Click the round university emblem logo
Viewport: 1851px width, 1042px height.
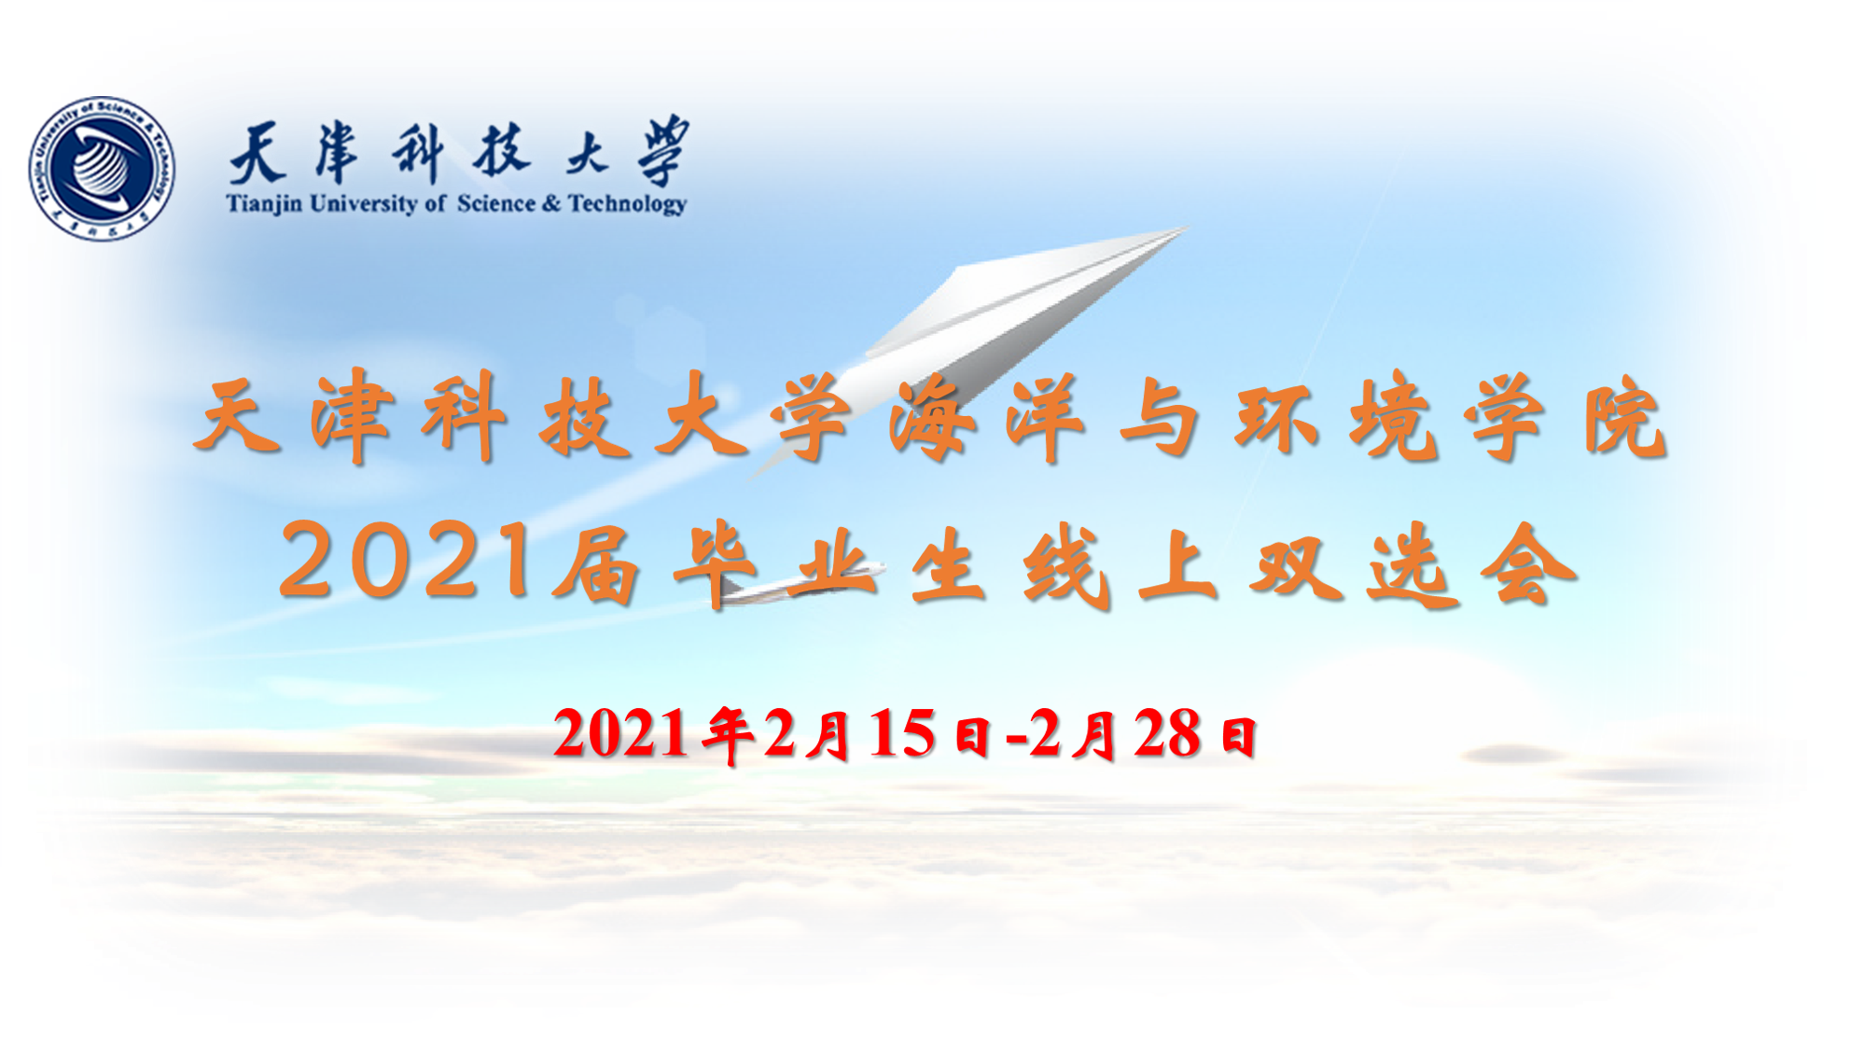(x=102, y=168)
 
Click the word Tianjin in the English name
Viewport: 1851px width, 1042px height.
(x=264, y=204)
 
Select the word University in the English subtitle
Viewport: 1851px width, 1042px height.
(x=364, y=204)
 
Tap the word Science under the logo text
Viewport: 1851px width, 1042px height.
(x=496, y=203)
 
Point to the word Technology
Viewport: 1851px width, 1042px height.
(x=628, y=204)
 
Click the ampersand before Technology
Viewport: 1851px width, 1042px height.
(x=552, y=203)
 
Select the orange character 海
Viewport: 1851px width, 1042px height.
(x=932, y=418)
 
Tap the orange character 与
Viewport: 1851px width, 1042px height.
(x=1160, y=418)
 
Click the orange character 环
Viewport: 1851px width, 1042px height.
(x=1275, y=418)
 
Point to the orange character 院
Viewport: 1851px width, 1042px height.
(x=1624, y=418)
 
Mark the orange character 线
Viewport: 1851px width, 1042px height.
(x=1066, y=565)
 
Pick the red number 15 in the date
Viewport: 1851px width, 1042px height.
(x=901, y=733)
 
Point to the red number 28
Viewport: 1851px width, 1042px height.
(x=1166, y=733)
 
